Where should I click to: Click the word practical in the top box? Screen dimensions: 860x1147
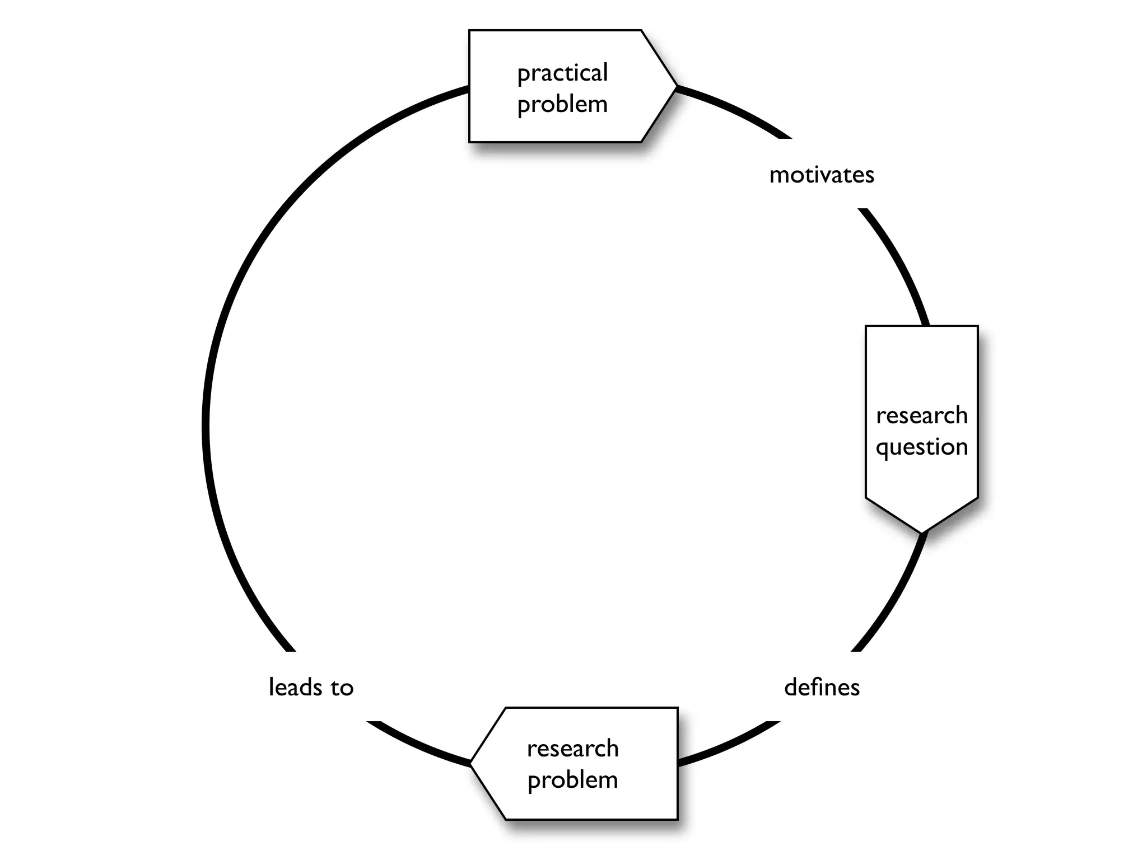tap(562, 73)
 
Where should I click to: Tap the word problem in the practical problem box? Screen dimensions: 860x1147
tap(562, 105)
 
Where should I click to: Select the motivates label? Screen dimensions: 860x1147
tap(821, 175)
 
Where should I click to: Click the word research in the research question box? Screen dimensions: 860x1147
tap(921, 415)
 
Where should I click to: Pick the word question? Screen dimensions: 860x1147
tap(921, 447)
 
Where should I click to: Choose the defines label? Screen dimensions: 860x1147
tap(821, 687)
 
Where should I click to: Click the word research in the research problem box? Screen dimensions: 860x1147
tap(572, 749)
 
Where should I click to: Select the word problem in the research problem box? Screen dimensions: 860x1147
tap(572, 780)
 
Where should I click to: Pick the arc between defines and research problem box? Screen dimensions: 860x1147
tap(728, 744)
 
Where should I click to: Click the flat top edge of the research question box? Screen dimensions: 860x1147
tap(921, 326)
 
